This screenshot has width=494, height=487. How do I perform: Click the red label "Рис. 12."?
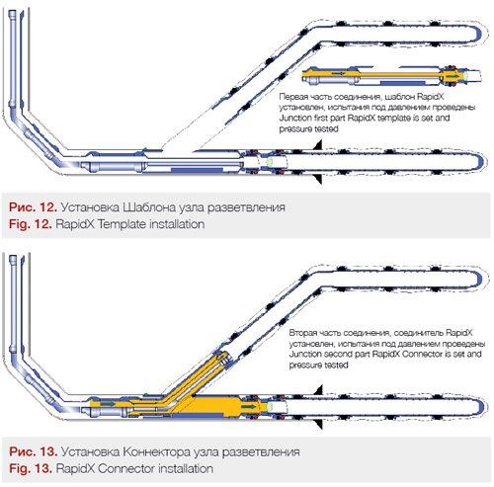(x=34, y=207)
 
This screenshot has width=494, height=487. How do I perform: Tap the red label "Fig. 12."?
(x=31, y=224)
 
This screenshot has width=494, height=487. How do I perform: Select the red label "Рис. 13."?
(x=34, y=451)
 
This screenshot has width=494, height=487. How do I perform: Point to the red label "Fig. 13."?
(x=31, y=468)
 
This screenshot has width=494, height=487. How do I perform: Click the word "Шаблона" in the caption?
(x=149, y=207)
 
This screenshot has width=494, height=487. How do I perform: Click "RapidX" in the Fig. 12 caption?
(x=75, y=224)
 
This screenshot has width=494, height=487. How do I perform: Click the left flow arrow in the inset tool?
(x=338, y=74)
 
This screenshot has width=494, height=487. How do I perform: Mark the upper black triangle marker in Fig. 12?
(x=318, y=144)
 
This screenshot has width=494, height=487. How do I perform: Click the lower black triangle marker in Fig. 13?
(x=318, y=424)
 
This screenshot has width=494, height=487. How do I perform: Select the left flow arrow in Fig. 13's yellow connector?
(x=108, y=403)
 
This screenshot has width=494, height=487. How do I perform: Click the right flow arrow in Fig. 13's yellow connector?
(x=249, y=407)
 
